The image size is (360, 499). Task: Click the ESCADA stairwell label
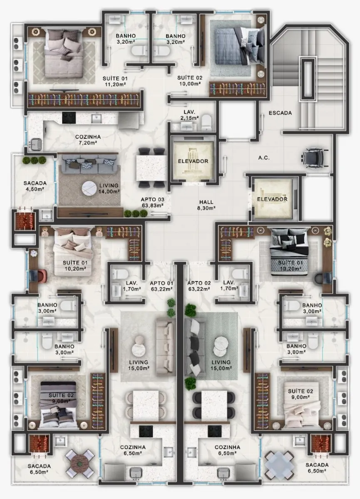[280, 113]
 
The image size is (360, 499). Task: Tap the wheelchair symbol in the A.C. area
[314, 158]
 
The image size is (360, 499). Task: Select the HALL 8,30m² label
[206, 205]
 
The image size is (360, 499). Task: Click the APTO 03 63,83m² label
[152, 202]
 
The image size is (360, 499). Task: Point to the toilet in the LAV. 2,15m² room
[206, 123]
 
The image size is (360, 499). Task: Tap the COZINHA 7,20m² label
[88, 140]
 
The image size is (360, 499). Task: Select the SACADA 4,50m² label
[35, 186]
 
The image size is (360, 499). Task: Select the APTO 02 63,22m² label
[199, 286]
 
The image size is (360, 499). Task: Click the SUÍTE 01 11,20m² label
[115, 82]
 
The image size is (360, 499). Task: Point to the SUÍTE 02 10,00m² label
[190, 81]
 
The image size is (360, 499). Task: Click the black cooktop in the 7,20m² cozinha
[69, 117]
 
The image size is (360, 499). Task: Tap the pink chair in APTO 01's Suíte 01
[42, 276]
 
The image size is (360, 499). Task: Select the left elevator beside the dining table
[193, 161]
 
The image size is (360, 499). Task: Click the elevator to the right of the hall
[272, 199]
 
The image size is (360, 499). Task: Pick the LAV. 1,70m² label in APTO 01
[132, 286]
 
